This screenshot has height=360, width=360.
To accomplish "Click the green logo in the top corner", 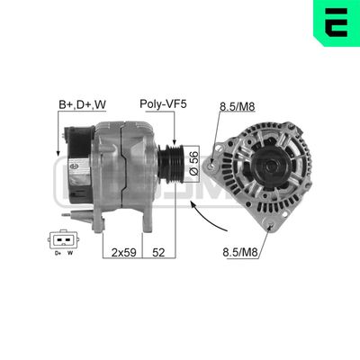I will (334, 22).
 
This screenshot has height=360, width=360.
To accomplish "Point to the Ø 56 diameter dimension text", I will (193, 161).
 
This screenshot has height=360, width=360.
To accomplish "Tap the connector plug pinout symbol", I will (62, 242).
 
